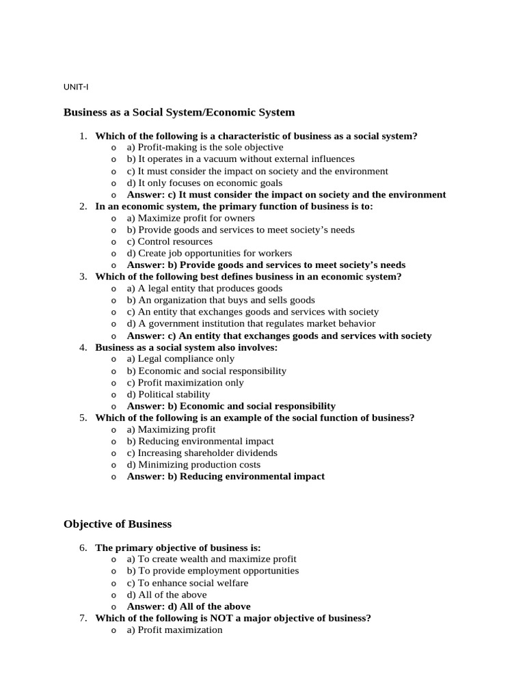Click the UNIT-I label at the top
click(76, 87)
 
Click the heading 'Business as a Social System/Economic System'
click(179, 112)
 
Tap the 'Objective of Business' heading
click(118, 524)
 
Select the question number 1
click(83, 136)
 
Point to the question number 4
click(83, 347)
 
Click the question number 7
click(83, 618)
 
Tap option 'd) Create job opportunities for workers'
click(209, 253)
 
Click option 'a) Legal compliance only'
click(180, 359)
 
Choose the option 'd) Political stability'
click(169, 394)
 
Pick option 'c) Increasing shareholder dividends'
click(202, 453)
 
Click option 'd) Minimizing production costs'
click(197, 465)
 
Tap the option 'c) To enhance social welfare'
click(187, 583)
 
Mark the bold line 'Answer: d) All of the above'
click(189, 606)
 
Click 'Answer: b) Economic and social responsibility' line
click(231, 406)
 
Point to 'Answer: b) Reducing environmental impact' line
click(226, 476)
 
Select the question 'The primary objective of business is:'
click(178, 548)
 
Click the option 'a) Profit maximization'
click(174, 630)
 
